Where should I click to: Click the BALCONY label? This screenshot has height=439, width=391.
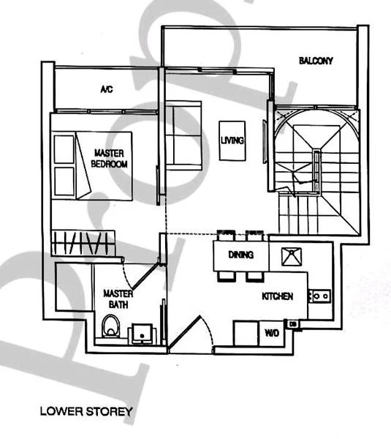pos(316,61)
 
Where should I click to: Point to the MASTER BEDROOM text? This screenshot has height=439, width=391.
pos(109,159)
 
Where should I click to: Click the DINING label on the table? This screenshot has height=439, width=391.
pos(240,255)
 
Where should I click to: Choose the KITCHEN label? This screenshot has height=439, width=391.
pos(278,296)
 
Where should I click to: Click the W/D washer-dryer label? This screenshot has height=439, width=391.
pos(272,333)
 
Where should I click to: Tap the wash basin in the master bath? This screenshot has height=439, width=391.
pos(140,334)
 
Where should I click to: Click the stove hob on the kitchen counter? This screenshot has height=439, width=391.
pos(320,296)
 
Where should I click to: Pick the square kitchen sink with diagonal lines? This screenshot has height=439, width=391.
pos(291,256)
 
